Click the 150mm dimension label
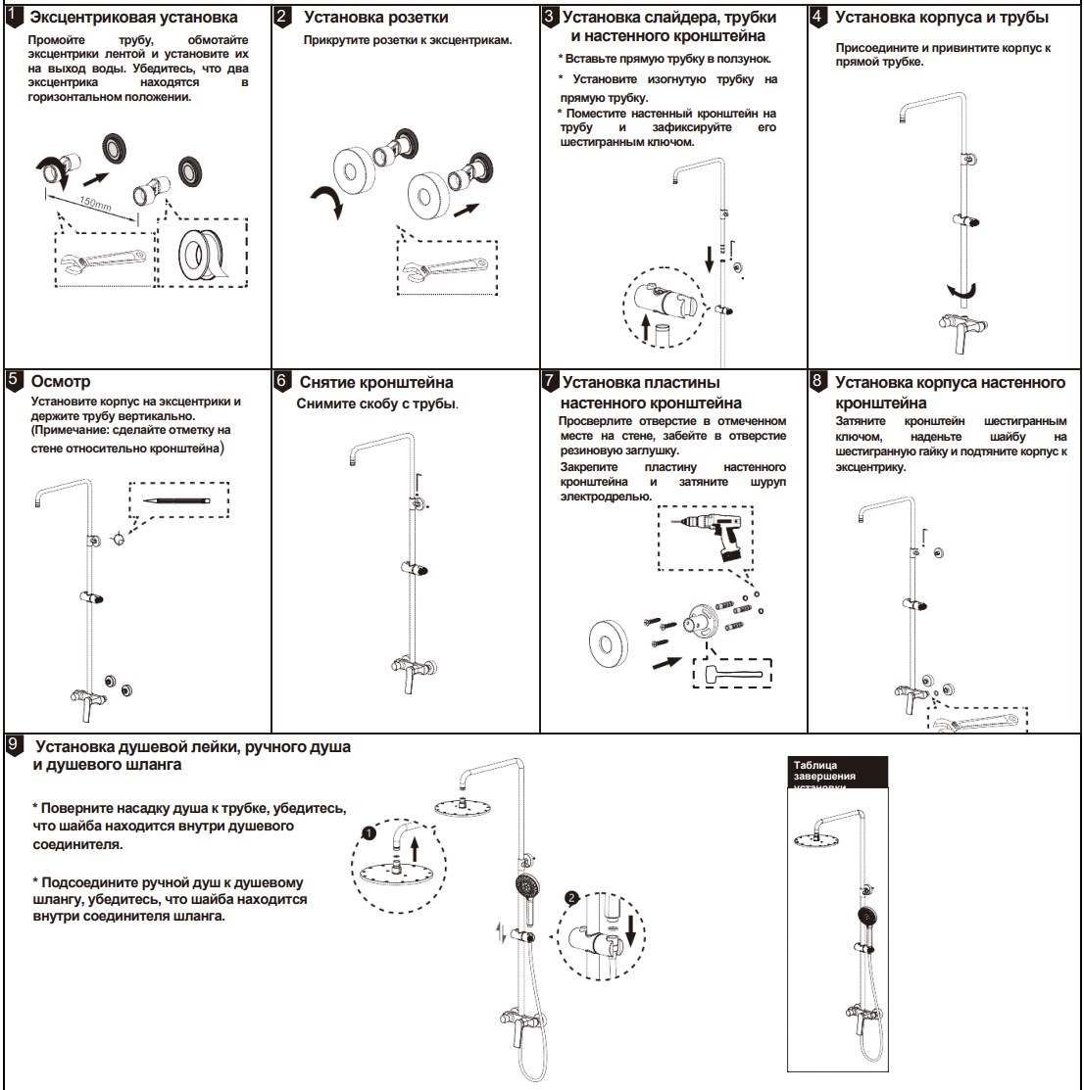pos(95,207)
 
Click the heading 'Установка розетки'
pos(376,18)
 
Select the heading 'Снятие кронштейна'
pos(376,382)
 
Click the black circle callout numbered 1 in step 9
pos(368,832)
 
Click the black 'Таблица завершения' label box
pos(838,771)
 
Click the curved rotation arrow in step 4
pos(961,291)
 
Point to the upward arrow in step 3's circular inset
pos(647,327)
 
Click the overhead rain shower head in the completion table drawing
pos(817,835)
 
